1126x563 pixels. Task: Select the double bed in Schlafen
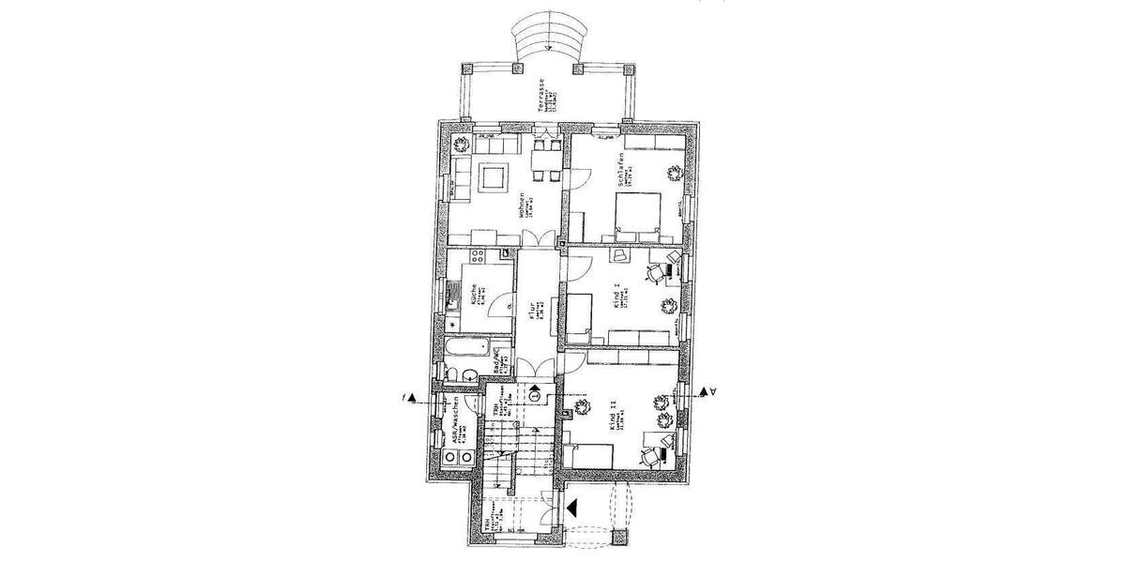638,213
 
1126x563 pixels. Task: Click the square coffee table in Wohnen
493,175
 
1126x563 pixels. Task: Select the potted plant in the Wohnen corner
462,145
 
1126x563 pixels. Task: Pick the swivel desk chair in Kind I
655,273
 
